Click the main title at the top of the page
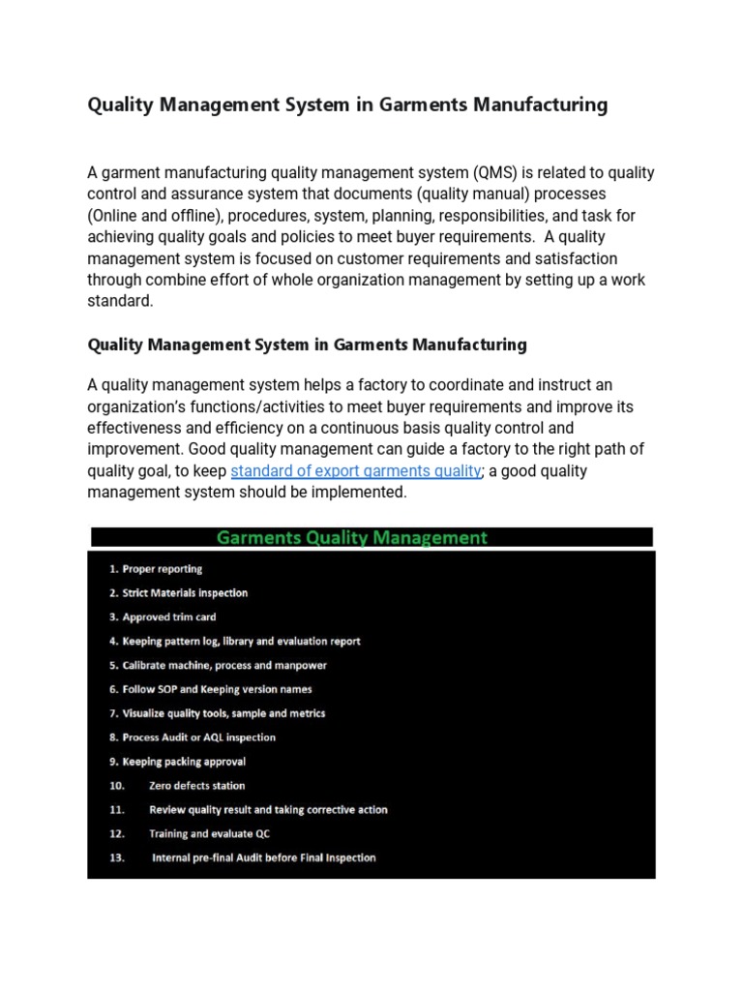pos(347,105)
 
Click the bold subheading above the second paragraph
pos(307,344)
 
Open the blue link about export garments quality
pos(356,471)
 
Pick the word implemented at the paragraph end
pos(359,493)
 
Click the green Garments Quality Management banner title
pos(351,537)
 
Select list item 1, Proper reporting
pos(156,569)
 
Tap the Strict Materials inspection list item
pos(178,593)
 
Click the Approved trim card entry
pos(163,617)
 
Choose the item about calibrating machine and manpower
pos(218,666)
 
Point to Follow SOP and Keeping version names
pos(210,690)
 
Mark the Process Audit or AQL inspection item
pos(192,737)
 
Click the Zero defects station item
pos(196,786)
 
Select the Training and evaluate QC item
pos(208,833)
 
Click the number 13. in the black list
pos(117,857)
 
